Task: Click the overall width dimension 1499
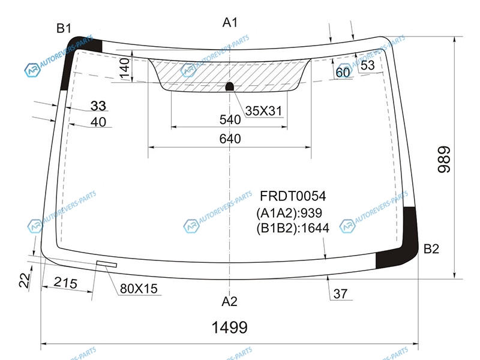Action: coord(230,327)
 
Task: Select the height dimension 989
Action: coord(445,160)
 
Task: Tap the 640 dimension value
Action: coord(230,139)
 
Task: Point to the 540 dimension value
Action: coord(230,119)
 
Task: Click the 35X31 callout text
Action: coord(263,111)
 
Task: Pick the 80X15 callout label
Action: coord(139,289)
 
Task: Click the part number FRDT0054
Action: coord(293,196)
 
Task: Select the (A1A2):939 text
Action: coord(289,213)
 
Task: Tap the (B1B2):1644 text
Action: coord(293,228)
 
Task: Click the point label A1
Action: coord(230,22)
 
